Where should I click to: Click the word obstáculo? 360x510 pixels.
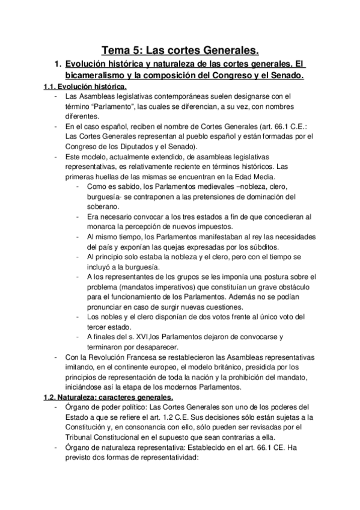pyautogui.click(x=294, y=286)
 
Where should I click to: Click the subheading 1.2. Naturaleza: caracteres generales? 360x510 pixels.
pyautogui.click(x=108, y=398)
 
